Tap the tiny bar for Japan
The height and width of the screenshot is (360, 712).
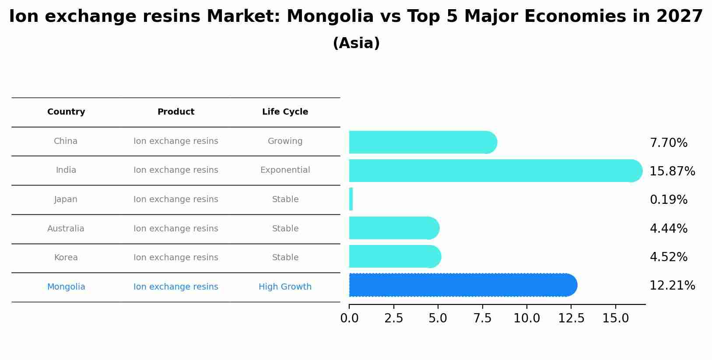point(351,199)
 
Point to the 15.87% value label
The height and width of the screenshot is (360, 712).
point(672,171)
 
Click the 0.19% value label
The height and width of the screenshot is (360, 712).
point(668,200)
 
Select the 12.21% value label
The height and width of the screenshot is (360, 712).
point(672,286)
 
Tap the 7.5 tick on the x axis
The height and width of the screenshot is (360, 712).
point(483,318)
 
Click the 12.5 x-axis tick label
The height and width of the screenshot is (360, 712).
point(571,318)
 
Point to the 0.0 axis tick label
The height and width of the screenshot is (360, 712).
point(349,318)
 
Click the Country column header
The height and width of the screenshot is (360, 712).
point(66,112)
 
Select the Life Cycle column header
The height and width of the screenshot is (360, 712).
point(285,112)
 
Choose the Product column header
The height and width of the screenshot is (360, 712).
point(176,112)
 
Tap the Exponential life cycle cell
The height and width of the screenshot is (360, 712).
point(285,170)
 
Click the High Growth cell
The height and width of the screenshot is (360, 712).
point(285,287)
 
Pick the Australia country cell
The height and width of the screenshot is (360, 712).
point(66,229)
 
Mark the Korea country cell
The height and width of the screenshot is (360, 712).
point(66,258)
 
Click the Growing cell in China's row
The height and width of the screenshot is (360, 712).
point(285,141)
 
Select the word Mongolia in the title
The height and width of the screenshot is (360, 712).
point(330,17)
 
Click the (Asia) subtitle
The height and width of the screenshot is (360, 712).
point(356,43)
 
